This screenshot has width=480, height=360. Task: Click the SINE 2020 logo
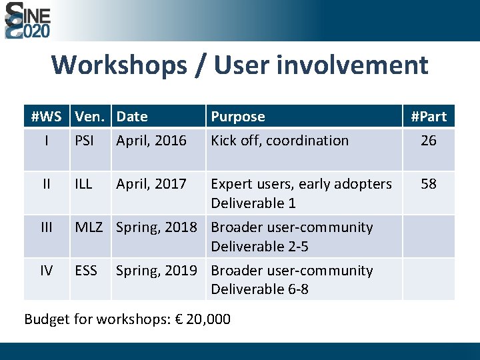(x=27, y=20)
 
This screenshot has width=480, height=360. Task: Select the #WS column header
(x=46, y=117)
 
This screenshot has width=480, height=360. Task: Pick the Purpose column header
(x=238, y=117)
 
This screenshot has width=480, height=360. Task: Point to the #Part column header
(x=429, y=117)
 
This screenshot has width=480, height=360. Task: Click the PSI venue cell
(x=85, y=141)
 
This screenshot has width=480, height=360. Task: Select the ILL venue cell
(x=83, y=183)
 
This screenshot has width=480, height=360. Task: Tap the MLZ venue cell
(x=89, y=227)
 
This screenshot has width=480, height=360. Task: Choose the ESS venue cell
(x=86, y=270)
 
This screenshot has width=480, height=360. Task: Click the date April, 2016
(x=151, y=141)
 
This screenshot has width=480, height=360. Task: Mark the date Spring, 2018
(x=157, y=227)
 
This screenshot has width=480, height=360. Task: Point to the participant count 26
(x=429, y=141)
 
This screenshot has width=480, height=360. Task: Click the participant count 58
(x=429, y=183)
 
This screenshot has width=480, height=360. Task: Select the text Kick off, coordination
(x=279, y=141)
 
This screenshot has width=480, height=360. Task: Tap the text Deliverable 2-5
(x=259, y=246)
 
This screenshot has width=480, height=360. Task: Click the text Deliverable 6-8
(x=259, y=289)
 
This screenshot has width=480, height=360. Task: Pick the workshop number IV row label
(x=46, y=270)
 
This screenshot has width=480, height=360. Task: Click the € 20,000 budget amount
(x=199, y=319)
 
